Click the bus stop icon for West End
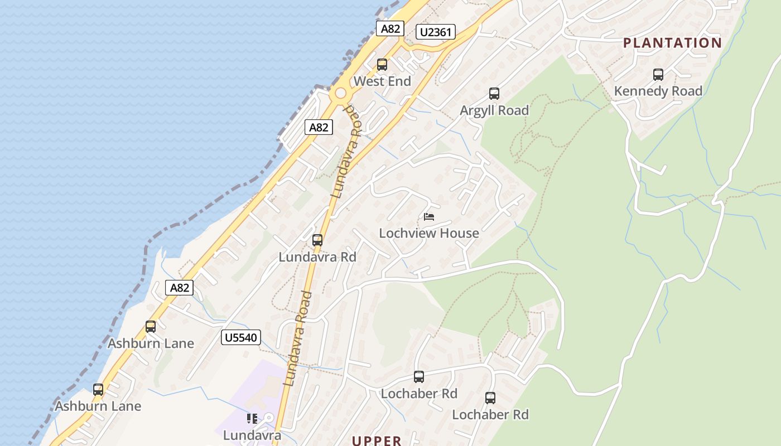(382, 65)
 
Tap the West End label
(382, 81)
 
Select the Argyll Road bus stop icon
(494, 94)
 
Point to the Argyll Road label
(494, 110)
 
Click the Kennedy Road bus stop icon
(658, 75)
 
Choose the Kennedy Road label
(658, 91)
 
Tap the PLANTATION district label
(672, 43)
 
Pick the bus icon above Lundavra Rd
(317, 240)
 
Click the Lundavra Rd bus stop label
(317, 257)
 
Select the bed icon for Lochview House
(429, 216)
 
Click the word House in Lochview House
(458, 233)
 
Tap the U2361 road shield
(436, 32)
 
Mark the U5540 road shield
(241, 337)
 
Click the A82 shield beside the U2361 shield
(390, 29)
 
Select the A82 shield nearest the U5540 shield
(180, 288)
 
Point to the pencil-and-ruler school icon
(252, 418)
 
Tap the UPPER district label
(377, 440)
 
